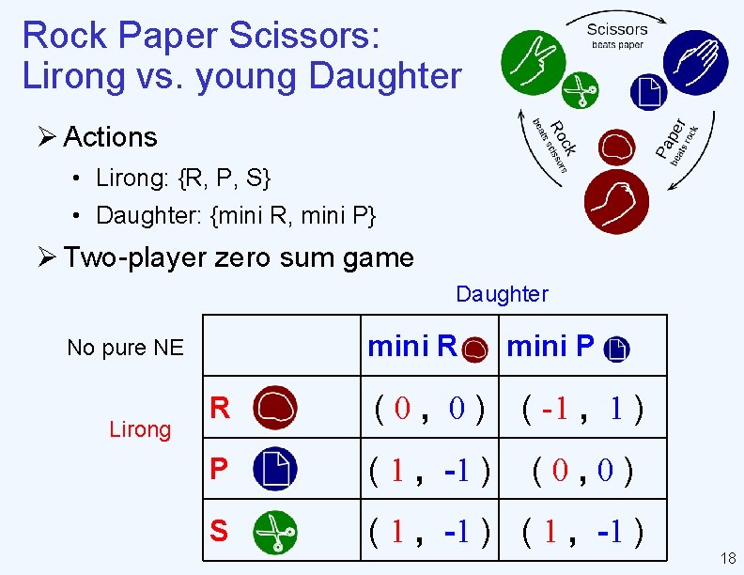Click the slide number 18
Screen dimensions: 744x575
(727, 559)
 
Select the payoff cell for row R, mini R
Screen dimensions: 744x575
(429, 409)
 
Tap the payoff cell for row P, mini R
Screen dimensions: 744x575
(429, 469)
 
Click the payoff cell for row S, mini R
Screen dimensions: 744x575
(429, 532)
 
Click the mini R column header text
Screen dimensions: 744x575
(412, 348)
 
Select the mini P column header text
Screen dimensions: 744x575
(550, 348)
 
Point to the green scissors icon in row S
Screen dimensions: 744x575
(275, 531)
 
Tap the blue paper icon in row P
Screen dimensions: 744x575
(275, 469)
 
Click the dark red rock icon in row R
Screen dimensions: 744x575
(275, 408)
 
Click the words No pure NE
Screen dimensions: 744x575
(126, 348)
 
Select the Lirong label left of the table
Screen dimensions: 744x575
(140, 429)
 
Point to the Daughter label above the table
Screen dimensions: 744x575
(502, 294)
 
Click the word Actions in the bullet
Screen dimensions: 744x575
(110, 137)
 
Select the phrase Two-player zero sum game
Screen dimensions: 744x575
(239, 257)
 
